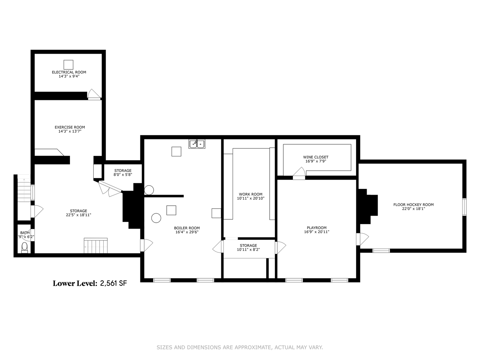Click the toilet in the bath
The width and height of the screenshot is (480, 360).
[x=24, y=247]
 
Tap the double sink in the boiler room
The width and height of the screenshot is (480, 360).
[x=197, y=144]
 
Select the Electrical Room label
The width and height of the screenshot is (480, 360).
[x=69, y=72]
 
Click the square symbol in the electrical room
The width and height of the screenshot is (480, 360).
[x=68, y=65]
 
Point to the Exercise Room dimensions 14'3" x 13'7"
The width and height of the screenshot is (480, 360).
[x=70, y=131]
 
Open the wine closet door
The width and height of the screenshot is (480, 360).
[x=299, y=172]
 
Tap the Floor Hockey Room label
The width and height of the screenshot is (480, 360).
[x=413, y=205]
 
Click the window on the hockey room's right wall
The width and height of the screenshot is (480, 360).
[x=464, y=207]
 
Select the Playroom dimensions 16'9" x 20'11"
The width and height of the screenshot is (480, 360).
[x=317, y=232]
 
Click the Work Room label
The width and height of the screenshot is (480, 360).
[x=250, y=194]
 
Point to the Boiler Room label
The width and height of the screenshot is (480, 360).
[x=187, y=228]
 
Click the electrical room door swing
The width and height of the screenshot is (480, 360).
[x=94, y=94]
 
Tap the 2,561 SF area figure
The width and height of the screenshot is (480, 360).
[x=114, y=284]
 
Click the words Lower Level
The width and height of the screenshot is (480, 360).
[x=75, y=284]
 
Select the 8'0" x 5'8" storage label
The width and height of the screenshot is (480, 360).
[x=123, y=175]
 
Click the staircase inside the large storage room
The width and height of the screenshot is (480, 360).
[x=96, y=246]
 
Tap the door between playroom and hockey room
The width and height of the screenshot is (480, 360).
[x=362, y=239]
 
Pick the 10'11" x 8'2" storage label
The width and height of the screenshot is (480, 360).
[x=248, y=249]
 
